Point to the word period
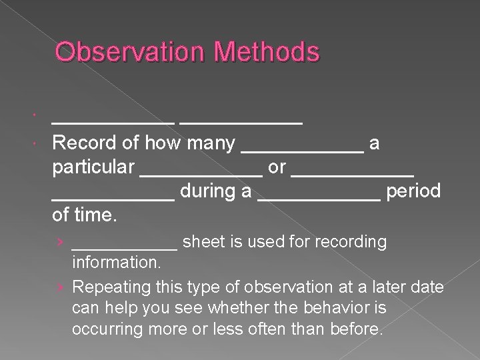coord(413,191)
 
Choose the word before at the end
coord(358,329)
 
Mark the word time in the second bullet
coord(95,215)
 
